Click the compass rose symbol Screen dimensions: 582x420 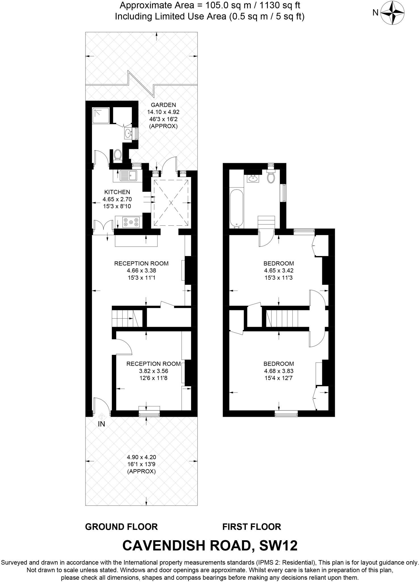click(392, 13)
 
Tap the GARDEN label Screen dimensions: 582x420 click(163, 105)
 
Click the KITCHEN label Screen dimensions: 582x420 click(117, 192)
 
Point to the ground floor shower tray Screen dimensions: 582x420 click(101, 115)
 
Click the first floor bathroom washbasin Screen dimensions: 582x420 click(253, 178)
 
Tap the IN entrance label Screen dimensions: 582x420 click(101, 424)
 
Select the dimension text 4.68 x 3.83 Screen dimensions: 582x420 click(278, 371)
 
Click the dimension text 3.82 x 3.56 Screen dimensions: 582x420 click(153, 371)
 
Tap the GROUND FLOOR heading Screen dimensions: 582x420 click(121, 527)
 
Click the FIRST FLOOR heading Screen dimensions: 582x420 click(252, 527)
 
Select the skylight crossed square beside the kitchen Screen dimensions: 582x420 click(171, 203)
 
